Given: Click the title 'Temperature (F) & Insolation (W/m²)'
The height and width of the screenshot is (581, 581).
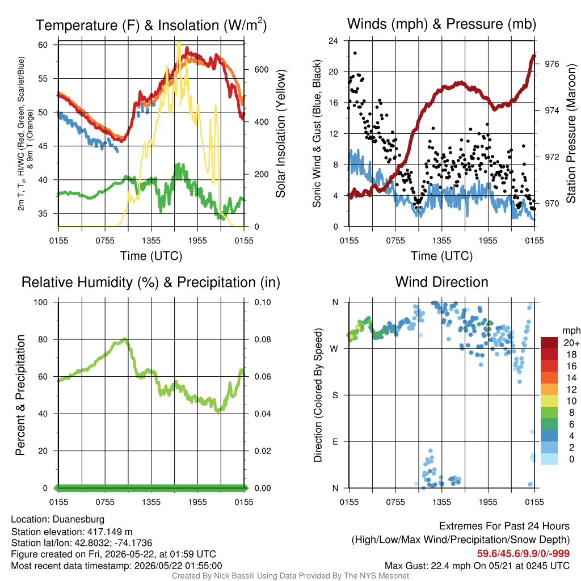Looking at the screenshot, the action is point(151,25).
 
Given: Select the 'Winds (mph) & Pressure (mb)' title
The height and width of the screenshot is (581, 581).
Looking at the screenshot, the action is point(441,24).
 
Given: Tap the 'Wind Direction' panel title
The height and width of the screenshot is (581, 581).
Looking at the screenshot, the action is point(441,282).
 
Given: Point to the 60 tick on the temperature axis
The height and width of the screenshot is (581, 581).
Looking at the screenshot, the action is point(43,45).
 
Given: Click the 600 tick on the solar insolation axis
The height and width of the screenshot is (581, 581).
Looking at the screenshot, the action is point(261,70).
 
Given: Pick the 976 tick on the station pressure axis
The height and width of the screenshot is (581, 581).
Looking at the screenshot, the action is point(551,64).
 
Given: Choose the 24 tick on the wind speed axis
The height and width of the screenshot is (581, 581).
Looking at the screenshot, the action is point(333,41).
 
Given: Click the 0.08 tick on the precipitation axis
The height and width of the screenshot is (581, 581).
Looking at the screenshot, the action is point(263,339).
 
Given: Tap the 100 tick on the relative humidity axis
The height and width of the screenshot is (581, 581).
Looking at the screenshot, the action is point(41,302).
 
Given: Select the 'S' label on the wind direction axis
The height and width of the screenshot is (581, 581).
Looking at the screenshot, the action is point(335,395).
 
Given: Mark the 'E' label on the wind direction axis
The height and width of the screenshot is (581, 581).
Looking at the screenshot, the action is point(335,441).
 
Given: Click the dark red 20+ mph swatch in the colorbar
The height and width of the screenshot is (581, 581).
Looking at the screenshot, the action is point(549,343).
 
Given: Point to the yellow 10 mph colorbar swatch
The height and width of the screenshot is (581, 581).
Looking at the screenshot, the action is point(549,401).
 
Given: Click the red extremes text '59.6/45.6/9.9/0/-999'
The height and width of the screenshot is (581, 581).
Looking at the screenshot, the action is point(523,554).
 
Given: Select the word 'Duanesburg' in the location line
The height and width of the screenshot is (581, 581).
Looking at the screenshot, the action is point(78,519).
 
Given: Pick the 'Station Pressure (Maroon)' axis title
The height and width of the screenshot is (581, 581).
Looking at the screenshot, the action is point(571,133).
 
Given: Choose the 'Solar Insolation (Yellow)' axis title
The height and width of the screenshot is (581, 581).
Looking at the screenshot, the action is point(280,133).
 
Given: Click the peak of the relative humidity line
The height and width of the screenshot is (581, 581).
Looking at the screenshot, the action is point(125,339).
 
